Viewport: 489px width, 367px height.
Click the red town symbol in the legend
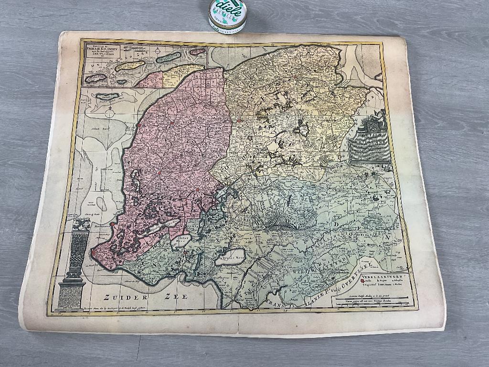pos(363,281)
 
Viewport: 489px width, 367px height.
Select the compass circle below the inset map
pos(110,113)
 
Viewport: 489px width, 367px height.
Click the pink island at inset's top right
pos(197,51)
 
